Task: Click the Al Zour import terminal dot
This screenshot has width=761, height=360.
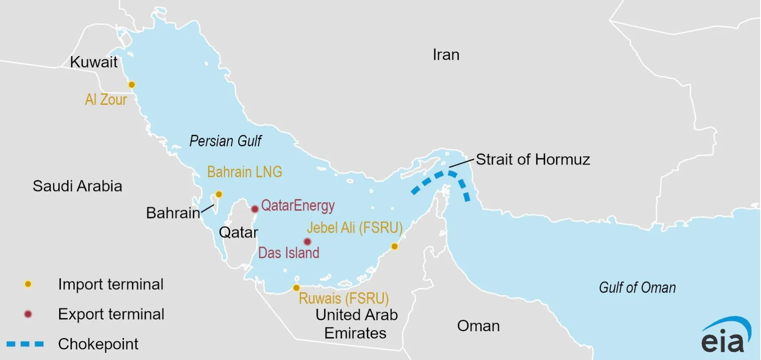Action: [x=132, y=85]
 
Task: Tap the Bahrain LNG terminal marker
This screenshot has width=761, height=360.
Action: [x=219, y=194]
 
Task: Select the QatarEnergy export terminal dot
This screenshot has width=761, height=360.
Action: [x=255, y=209]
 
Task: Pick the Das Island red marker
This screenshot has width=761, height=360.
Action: [x=307, y=242]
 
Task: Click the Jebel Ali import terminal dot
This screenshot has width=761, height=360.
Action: [x=394, y=246]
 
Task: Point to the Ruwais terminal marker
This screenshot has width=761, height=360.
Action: [x=296, y=288]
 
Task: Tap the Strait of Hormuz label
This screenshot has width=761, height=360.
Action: [x=533, y=160]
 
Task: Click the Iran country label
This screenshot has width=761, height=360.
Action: [x=446, y=55]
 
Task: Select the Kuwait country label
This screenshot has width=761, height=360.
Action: [x=94, y=62]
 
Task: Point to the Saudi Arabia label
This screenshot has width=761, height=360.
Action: [x=77, y=186]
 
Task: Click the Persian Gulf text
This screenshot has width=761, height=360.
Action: [x=226, y=141]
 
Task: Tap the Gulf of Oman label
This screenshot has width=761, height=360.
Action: [x=637, y=288]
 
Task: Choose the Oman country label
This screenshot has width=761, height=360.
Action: [x=478, y=326]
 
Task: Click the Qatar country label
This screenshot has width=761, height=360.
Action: [x=238, y=232]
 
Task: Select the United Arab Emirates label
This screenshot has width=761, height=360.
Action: [x=356, y=324]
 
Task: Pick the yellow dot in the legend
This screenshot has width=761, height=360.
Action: [x=28, y=284]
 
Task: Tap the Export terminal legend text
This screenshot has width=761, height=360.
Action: [x=111, y=314]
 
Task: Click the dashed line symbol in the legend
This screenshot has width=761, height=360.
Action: [x=25, y=344]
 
